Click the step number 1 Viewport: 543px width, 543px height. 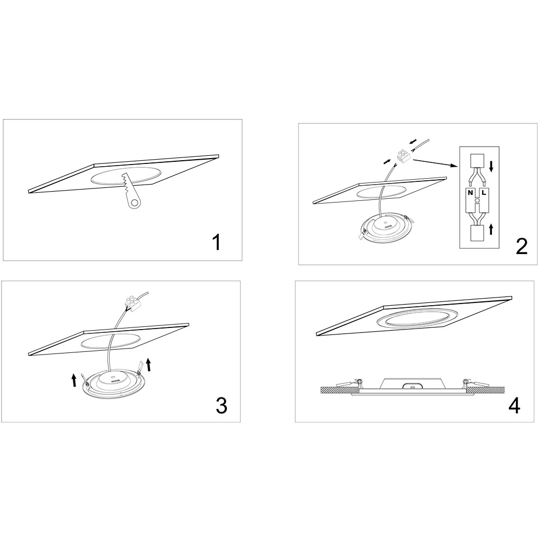click(217, 242)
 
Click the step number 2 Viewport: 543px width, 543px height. click(521, 246)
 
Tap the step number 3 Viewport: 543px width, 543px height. click(222, 405)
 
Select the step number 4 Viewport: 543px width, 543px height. click(514, 405)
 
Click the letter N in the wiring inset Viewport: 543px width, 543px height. click(470, 193)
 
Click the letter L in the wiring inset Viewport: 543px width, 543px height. click(484, 193)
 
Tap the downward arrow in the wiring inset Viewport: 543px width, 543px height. click(491, 166)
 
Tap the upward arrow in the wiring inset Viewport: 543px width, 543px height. click(491, 229)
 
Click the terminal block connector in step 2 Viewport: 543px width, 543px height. click(403, 156)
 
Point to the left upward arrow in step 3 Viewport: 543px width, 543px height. click(74, 380)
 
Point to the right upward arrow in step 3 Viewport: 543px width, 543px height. click(149, 365)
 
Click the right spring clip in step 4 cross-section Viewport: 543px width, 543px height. click(475, 383)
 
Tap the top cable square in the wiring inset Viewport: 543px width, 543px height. click(476, 160)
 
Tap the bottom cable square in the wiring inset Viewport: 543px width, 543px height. click(476, 233)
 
